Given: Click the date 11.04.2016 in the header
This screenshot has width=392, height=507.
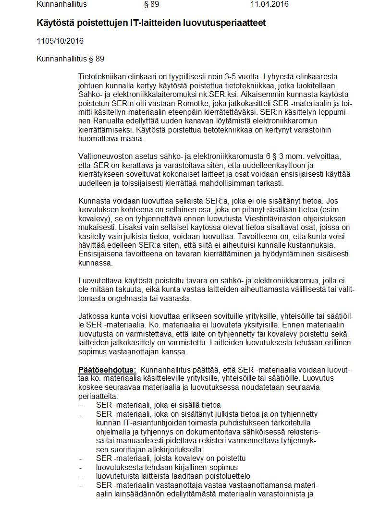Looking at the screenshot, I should pos(269,5).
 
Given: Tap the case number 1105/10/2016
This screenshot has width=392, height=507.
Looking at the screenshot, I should pos(60,41).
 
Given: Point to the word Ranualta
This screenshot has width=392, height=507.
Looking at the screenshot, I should pos(94,121).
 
